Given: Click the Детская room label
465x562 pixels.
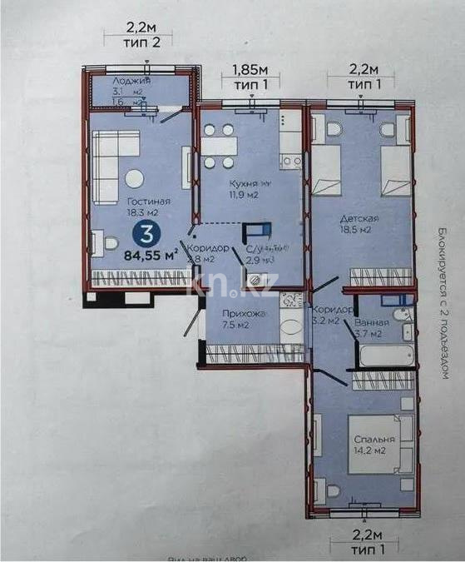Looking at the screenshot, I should pos(359,218).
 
